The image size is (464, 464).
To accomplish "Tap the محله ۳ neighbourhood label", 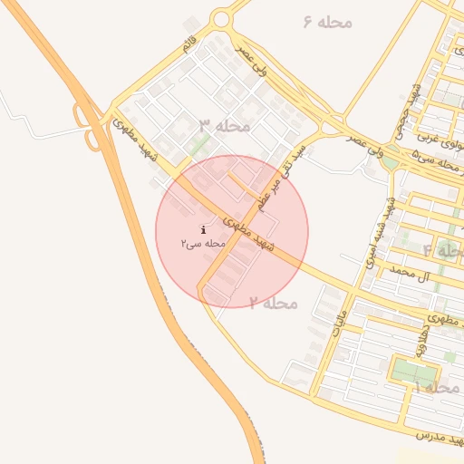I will (x=224, y=125).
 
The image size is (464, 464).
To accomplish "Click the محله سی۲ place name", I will (x=202, y=244).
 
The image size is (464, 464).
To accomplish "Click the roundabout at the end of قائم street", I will (x=221, y=19).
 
